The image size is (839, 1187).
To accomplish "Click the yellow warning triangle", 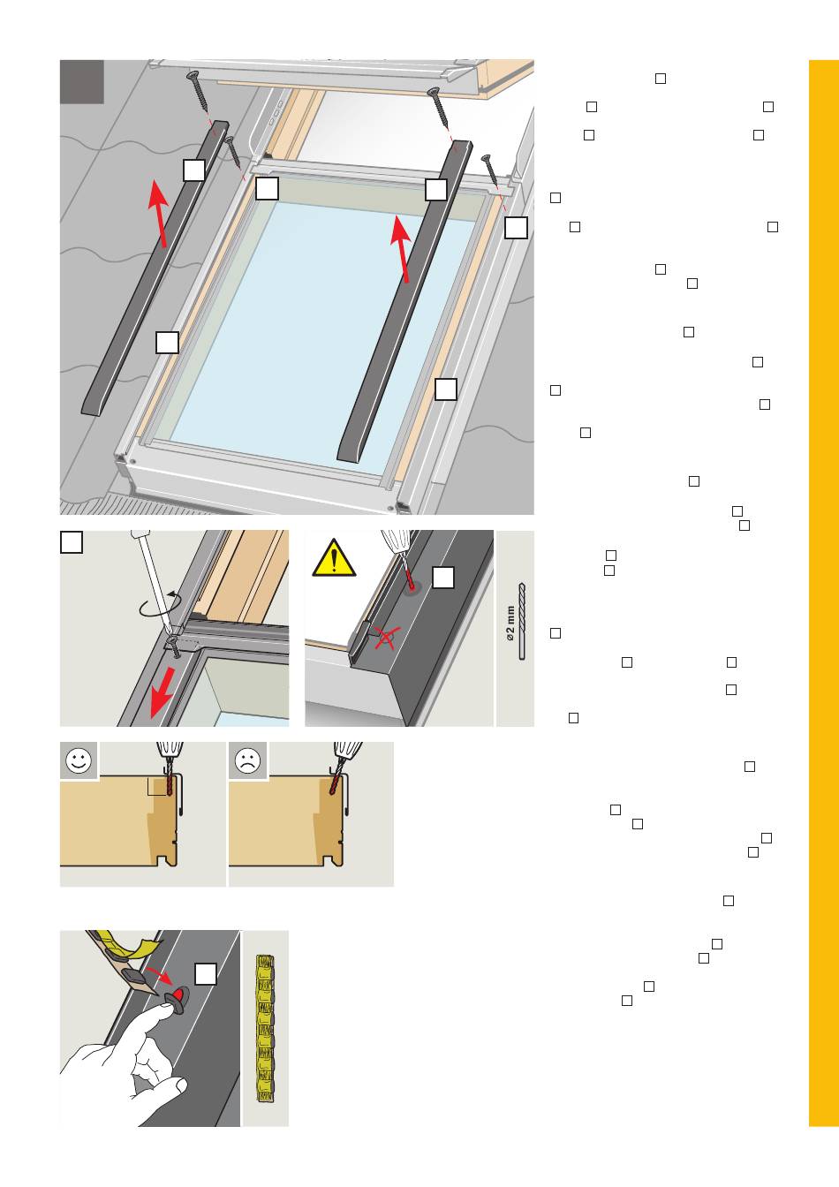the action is tap(334, 558).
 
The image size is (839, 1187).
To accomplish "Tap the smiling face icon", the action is tap(79, 761).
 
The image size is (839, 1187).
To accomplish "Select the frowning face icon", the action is tap(247, 761).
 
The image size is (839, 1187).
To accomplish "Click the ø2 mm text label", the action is tap(510, 624).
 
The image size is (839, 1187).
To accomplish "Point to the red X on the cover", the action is tap(385, 637).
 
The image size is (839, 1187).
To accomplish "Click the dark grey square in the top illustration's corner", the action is tap(81, 81).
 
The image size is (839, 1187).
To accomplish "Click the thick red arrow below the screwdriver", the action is tap(163, 692).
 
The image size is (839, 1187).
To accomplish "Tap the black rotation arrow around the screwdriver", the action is tap(161, 606).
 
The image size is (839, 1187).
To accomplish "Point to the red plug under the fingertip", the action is tap(181, 992).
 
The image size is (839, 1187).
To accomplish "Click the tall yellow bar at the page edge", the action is tap(824, 593).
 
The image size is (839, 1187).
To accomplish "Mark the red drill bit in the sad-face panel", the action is tap(336, 783).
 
